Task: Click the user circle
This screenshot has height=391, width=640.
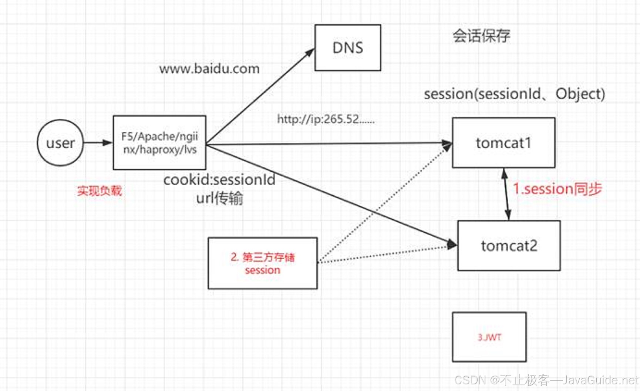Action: tap(60, 143)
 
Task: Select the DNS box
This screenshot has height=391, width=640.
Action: tap(348, 48)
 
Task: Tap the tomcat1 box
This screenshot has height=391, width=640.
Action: tap(503, 143)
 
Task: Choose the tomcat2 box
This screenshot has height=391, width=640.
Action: tap(509, 246)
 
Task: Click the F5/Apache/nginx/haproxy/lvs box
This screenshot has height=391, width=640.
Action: tap(159, 143)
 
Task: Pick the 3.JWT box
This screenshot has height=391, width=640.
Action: tap(489, 337)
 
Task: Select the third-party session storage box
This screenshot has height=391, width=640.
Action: tap(263, 263)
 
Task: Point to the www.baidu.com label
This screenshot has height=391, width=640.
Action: tap(209, 69)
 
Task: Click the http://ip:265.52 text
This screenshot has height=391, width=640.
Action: tap(326, 119)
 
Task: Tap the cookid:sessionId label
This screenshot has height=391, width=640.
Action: tap(219, 180)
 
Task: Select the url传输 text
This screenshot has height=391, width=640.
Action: tap(219, 198)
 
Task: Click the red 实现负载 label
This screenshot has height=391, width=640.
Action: tap(99, 191)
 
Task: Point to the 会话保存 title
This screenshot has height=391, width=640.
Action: tap(481, 36)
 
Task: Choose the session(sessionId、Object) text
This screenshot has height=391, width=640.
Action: tap(514, 94)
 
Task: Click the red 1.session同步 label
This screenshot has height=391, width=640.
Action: tap(557, 189)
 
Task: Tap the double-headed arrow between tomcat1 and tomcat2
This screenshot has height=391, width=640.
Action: tap(506, 194)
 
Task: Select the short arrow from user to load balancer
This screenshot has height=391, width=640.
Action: tap(98, 143)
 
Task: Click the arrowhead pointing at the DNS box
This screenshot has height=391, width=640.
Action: tap(310, 53)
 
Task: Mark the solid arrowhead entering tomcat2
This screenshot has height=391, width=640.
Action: tap(452, 244)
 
